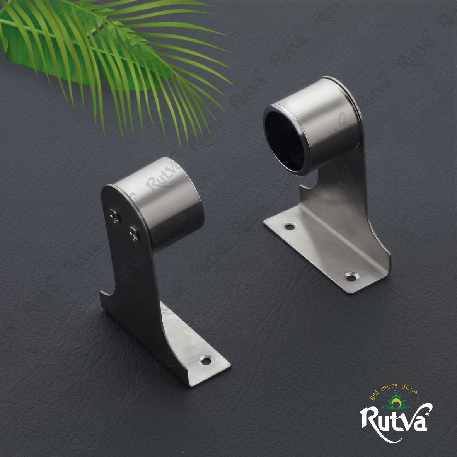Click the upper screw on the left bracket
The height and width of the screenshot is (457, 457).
point(115,216)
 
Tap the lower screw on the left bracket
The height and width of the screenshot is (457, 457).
point(135,234)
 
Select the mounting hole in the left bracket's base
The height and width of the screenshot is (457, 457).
point(206,361)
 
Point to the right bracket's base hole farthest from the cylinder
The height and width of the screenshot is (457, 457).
point(351,277)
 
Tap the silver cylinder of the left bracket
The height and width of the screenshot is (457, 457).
point(163,201)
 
